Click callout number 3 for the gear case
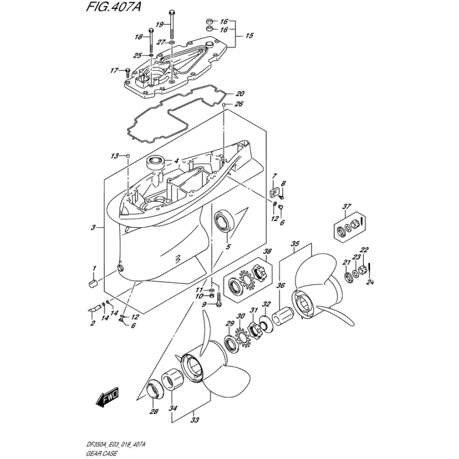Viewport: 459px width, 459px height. (x=93, y=228)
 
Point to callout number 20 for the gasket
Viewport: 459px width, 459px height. (x=240, y=94)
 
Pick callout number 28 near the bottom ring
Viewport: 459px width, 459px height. (x=153, y=411)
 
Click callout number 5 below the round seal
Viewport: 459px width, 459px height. (x=228, y=248)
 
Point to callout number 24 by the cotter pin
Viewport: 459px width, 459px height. (x=371, y=281)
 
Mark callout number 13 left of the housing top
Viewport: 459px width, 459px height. (x=115, y=156)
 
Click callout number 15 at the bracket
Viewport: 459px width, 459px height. (x=249, y=36)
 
